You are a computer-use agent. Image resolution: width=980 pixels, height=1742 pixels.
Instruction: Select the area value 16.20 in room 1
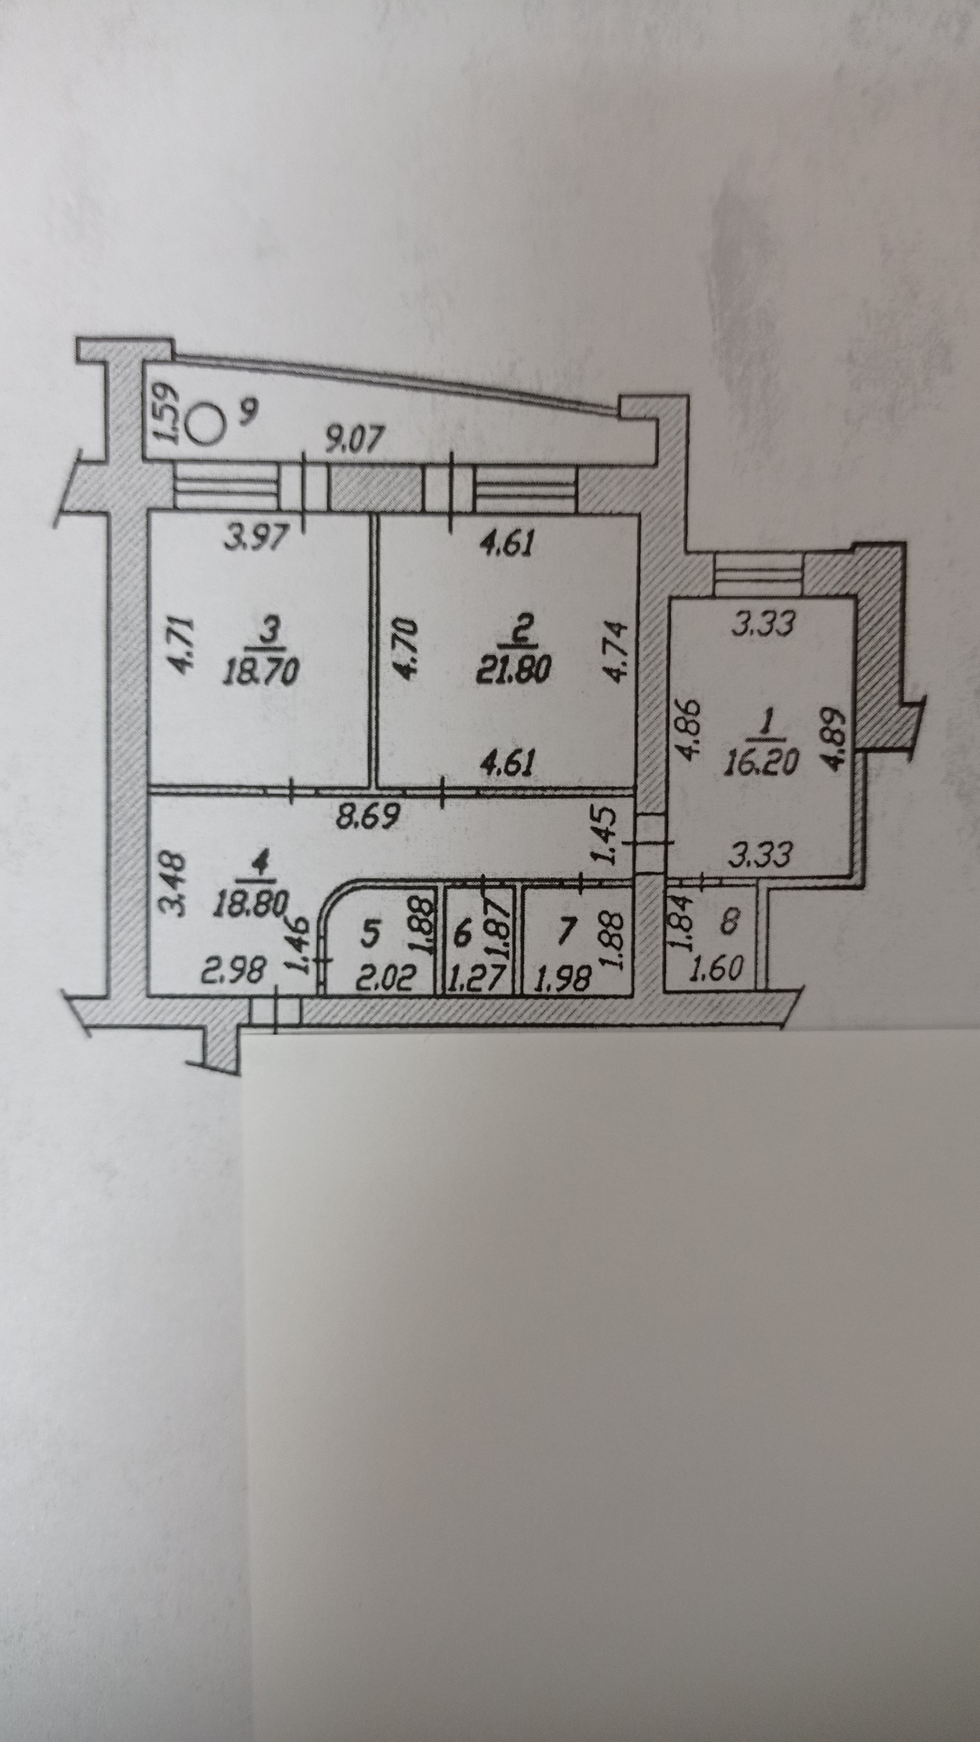[760, 762]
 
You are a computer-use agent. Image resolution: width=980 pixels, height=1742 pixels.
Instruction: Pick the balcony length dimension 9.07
[356, 441]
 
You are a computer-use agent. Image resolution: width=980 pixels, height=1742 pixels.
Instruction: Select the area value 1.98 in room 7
[562, 978]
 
